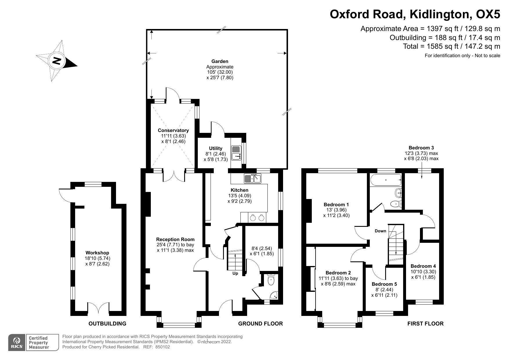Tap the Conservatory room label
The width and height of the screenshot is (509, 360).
173,131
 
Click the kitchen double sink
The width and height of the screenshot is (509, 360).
253,178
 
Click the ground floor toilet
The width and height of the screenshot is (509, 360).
271,280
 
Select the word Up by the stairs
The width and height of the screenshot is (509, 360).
235,274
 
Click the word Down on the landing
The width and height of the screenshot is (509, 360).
381,231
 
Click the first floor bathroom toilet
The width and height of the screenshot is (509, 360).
396,204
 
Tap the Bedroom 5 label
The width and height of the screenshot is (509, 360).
384,284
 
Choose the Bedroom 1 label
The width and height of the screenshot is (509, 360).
336,205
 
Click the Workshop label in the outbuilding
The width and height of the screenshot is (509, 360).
97,253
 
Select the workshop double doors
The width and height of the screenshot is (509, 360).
98,308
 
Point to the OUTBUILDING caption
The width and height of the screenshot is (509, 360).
107,323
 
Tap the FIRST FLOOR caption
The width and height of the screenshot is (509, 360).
425,323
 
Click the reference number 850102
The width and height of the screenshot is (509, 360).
163,347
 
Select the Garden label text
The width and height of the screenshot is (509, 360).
220,61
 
